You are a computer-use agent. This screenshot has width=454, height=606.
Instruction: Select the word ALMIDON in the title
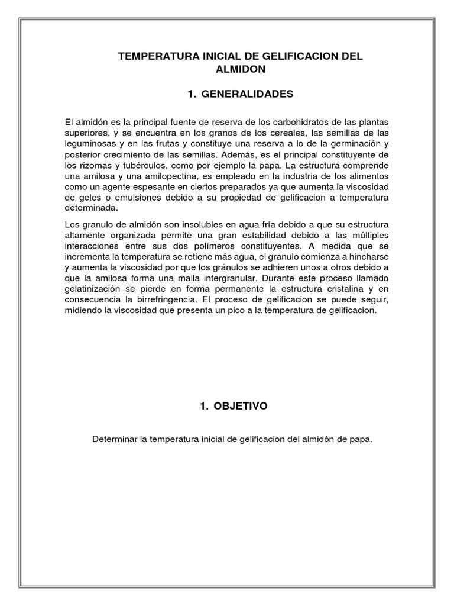tap(242, 69)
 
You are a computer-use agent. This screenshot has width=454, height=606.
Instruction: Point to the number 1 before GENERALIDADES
tap(190, 94)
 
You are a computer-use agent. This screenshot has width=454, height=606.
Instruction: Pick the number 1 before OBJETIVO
tap(203, 406)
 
